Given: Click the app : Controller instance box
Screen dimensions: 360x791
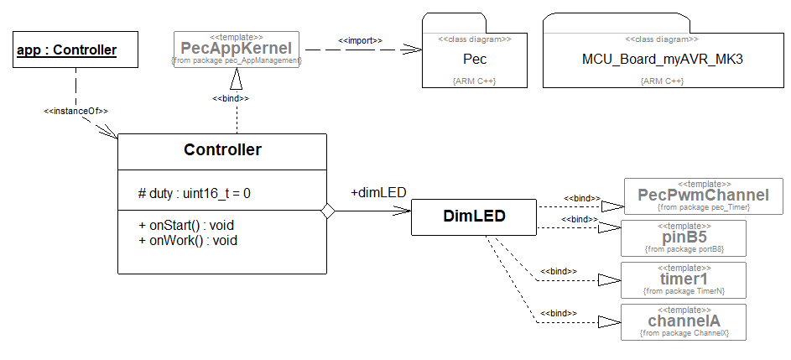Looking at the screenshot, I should [x=66, y=50].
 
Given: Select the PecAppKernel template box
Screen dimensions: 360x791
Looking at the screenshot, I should [x=237, y=50].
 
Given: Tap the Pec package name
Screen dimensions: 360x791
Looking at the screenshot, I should [x=475, y=60].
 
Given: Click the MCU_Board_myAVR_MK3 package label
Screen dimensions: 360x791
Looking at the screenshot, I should [x=663, y=60].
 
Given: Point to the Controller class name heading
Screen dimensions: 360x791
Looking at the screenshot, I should [x=222, y=151].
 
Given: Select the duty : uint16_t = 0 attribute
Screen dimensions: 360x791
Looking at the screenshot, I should [x=195, y=193].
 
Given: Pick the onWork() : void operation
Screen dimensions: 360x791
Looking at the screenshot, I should [x=188, y=240].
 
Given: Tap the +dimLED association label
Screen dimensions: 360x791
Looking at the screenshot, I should [x=378, y=193].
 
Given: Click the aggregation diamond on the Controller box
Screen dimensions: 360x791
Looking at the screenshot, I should [x=328, y=212].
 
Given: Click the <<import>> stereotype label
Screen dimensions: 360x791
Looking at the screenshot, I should [x=360, y=40].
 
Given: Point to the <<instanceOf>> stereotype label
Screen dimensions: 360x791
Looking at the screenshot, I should [x=75, y=111].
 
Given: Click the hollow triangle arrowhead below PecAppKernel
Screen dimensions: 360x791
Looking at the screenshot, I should [x=237, y=79].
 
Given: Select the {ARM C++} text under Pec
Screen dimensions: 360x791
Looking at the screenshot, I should [x=475, y=81].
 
